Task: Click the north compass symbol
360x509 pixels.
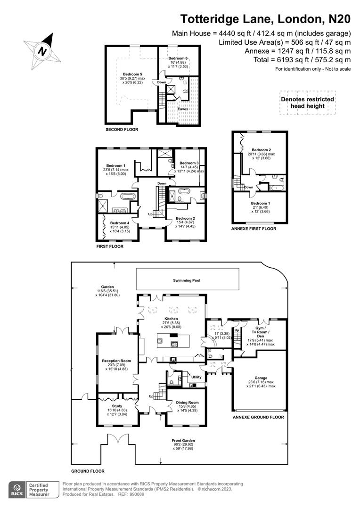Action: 42,50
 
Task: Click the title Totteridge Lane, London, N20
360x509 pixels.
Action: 266,19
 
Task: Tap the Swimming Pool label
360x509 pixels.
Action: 187,280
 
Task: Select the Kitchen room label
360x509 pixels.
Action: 171,319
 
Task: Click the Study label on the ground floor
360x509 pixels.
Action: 117,406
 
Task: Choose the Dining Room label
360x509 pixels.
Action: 187,402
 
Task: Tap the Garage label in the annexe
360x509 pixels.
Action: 261,378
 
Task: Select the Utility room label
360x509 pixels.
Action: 196,378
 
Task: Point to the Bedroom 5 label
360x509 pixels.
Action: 132,74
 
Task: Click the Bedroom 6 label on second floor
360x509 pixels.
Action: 178,58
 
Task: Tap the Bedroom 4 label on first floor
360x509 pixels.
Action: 120,223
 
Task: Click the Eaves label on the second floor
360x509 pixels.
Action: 183,109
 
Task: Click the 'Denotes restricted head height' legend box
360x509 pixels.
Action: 307,103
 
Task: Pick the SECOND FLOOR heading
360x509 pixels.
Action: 122,129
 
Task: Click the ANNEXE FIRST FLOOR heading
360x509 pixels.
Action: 254,229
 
